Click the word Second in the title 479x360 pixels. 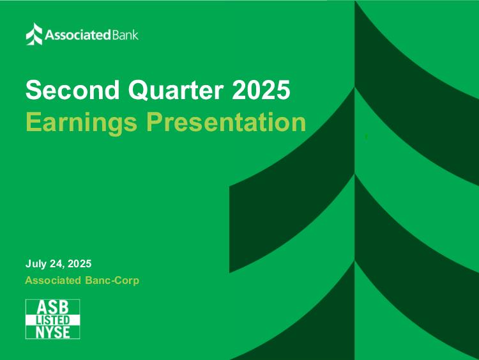coord(72,90)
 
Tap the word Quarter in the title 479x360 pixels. coord(176,90)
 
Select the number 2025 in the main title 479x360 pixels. coord(261,90)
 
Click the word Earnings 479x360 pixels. coord(81,123)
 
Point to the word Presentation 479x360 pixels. coord(226,121)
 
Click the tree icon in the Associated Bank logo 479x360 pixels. coord(34,34)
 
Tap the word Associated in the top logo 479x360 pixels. coord(77,35)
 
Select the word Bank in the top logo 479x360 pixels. coord(125,35)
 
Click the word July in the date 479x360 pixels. coord(36,263)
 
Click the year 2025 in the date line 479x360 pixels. coord(79,263)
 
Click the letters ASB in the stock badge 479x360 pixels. coord(52,307)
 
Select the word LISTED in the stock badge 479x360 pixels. coord(53,320)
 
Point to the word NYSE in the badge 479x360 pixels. coord(53,332)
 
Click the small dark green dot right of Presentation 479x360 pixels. coord(366,136)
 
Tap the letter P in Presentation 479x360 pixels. coord(155,121)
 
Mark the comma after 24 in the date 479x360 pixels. coord(64,267)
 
